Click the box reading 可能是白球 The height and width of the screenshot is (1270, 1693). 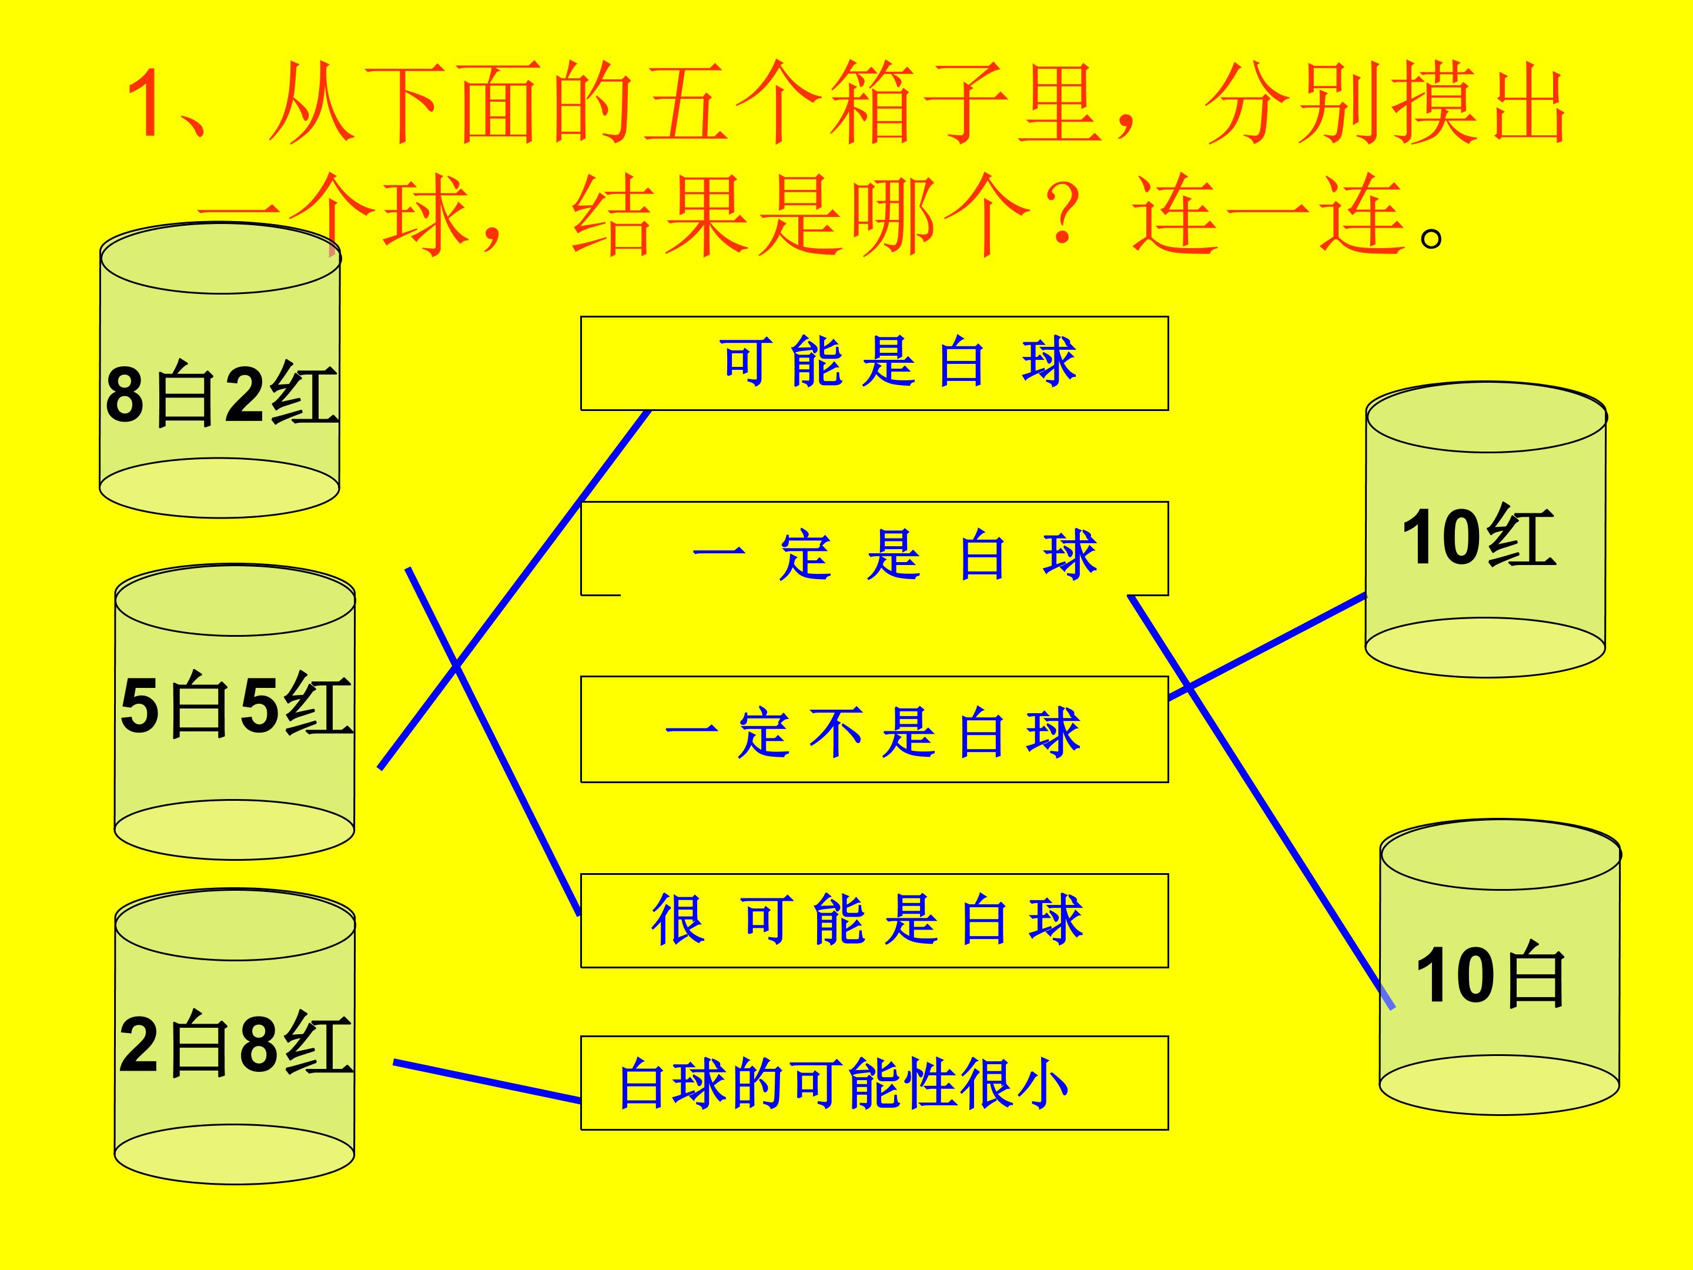tap(874, 363)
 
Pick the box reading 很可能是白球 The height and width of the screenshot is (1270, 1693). tap(874, 921)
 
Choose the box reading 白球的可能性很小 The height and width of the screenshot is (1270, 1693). tap(874, 1083)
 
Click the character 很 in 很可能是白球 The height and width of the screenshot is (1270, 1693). tap(677, 920)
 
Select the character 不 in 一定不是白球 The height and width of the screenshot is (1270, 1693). tap(836, 733)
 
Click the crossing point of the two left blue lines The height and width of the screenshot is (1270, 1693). tap(456, 666)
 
